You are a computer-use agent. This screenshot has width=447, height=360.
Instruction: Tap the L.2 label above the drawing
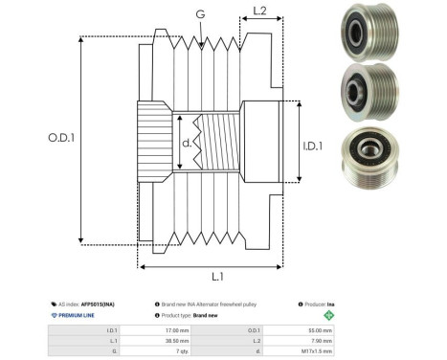[258, 12]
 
